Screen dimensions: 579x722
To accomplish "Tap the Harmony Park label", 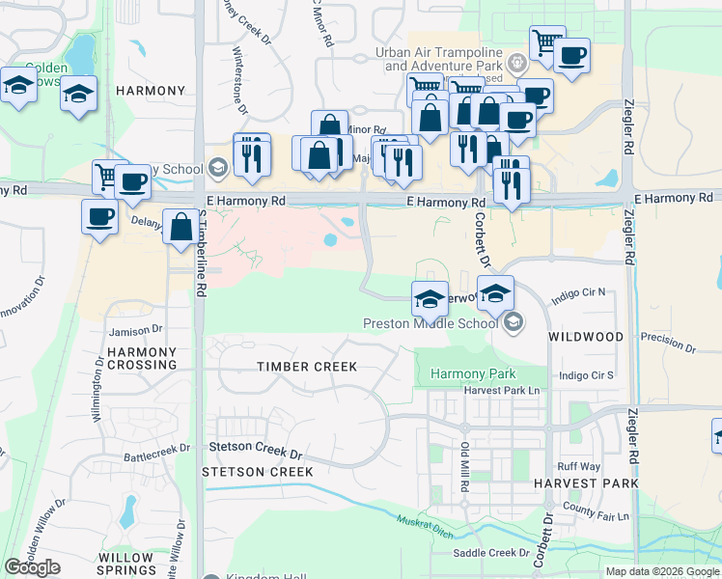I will [473, 373].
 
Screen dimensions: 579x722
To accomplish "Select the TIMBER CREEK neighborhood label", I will [307, 367].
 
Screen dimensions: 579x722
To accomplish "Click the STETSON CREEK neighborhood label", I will [258, 472].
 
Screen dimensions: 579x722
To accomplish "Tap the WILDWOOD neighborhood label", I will [586, 337].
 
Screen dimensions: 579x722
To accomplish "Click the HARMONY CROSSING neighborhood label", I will [142, 358].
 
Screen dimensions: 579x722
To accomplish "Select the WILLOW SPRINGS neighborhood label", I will [126, 565].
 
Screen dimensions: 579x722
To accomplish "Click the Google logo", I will [32, 567].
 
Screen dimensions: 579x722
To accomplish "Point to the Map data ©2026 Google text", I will [662, 571].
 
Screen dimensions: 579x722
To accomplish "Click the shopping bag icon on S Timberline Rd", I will [180, 228].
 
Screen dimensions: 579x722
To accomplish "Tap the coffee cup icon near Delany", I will [98, 217].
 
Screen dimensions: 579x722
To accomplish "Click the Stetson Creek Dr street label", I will [256, 448].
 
